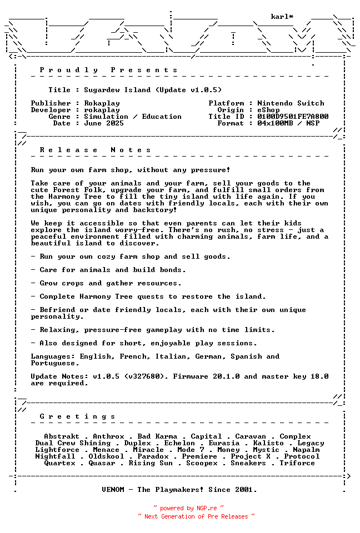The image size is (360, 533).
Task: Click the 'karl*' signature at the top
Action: (x=282, y=17)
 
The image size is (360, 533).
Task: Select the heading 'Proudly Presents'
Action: (x=109, y=70)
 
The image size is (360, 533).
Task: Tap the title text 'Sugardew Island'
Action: (x=117, y=90)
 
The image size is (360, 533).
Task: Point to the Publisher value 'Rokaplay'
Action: (x=102, y=103)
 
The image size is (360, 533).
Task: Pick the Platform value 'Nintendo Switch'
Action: (x=291, y=103)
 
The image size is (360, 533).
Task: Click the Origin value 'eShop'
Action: (x=268, y=110)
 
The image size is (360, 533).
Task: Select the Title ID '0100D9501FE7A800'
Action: (x=293, y=117)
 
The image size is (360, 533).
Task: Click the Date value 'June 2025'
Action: (x=104, y=123)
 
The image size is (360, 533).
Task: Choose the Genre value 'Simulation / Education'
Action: (x=133, y=117)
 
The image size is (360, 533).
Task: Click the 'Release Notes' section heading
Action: (x=96, y=150)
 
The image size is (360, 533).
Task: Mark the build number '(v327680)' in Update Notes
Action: (x=144, y=376)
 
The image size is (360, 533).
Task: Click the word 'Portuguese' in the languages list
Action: (x=53, y=363)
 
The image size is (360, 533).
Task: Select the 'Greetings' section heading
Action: (x=78, y=416)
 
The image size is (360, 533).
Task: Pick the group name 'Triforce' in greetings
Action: (x=297, y=463)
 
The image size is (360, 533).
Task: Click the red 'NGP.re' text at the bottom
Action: (x=207, y=508)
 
